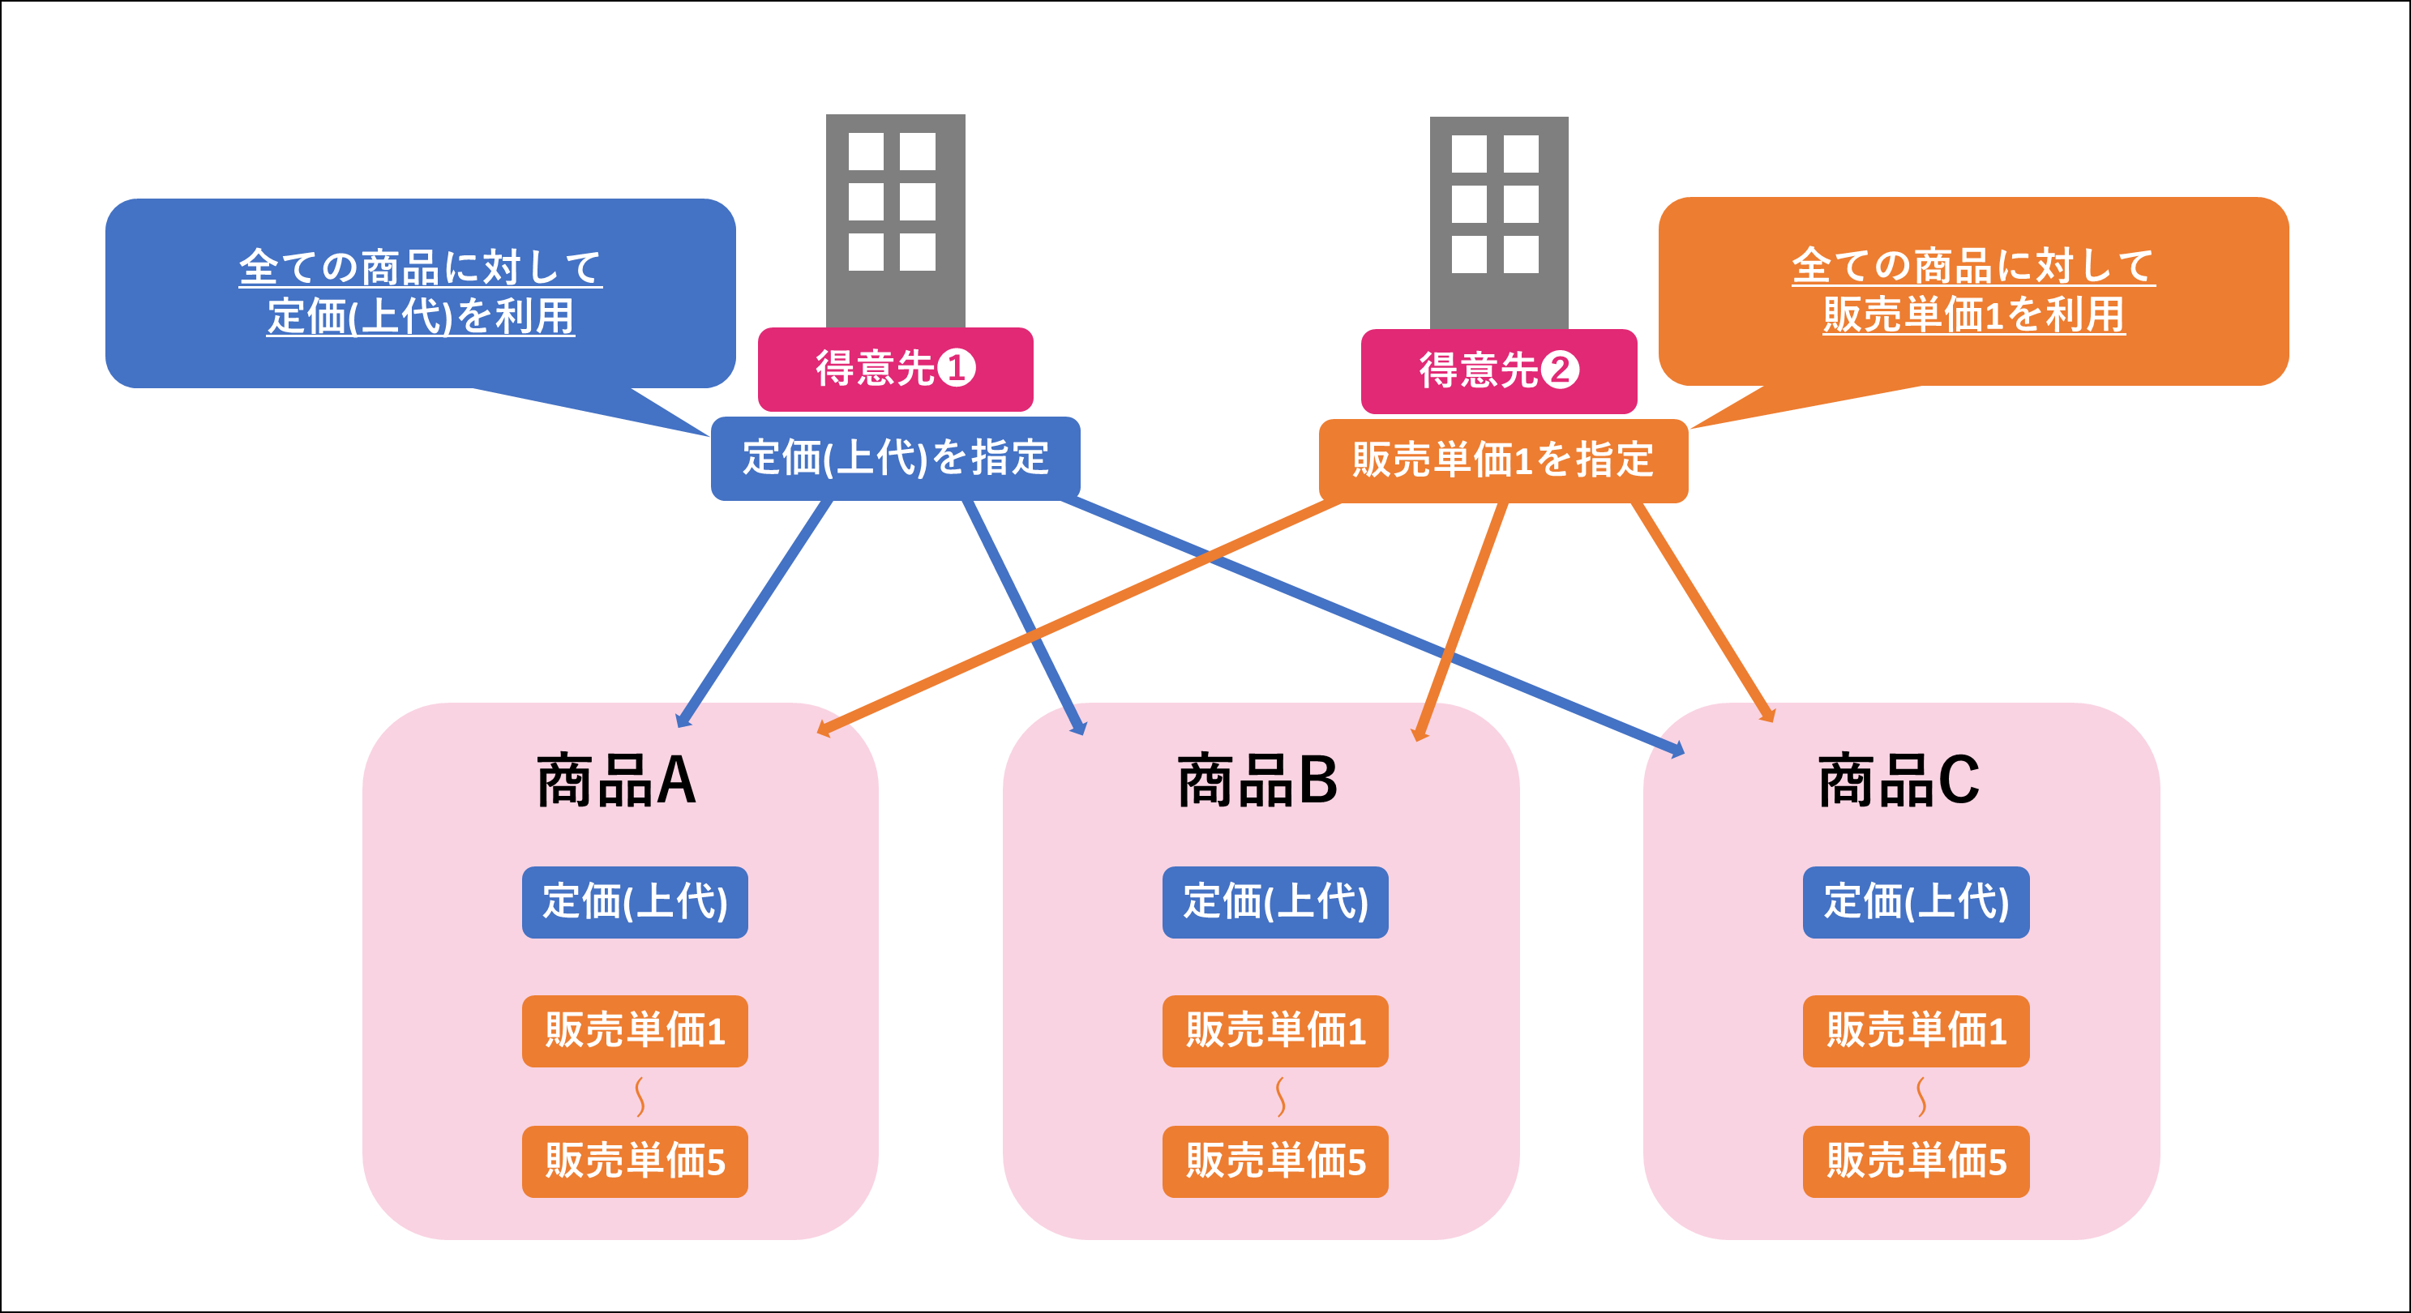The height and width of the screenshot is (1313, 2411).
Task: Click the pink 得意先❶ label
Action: (x=895, y=369)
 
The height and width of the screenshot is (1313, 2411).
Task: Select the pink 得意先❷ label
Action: (x=1498, y=370)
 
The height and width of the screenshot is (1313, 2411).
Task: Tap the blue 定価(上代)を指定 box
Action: (x=895, y=459)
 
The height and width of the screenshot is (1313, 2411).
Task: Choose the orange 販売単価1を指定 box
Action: (x=1502, y=460)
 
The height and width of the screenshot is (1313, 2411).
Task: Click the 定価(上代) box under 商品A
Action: (x=635, y=902)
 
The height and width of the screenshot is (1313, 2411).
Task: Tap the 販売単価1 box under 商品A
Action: (x=635, y=1030)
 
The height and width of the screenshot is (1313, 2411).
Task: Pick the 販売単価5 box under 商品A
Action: (x=635, y=1161)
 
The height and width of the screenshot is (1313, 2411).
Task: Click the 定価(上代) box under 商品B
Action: (x=1274, y=902)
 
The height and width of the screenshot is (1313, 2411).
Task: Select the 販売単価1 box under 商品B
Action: (x=1274, y=1030)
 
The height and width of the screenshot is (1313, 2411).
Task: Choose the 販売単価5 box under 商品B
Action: (x=1274, y=1161)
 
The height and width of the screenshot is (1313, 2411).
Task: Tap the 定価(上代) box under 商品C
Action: (x=1916, y=902)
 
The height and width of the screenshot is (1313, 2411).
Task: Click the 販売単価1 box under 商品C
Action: (x=1916, y=1030)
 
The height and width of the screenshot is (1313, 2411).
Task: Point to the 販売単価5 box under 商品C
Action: (x=1916, y=1161)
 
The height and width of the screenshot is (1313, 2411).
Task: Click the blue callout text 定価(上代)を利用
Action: (x=420, y=316)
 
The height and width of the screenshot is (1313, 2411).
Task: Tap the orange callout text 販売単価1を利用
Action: (x=1973, y=314)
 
